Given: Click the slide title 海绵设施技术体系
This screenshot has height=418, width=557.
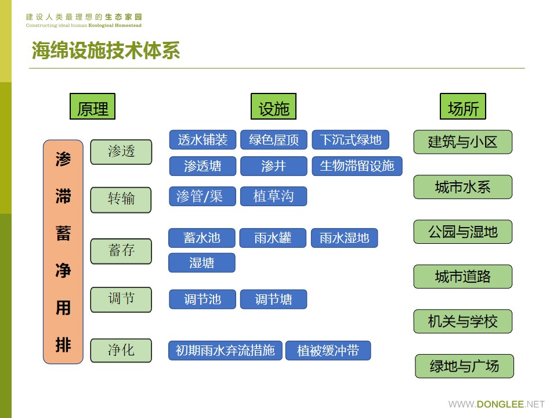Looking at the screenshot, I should coord(106,51).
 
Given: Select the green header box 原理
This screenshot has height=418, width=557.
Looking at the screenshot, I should coord(92,107).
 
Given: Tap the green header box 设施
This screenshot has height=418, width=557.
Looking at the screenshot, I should coord(273,107).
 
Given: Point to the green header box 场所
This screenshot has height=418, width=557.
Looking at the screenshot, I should coord(462,107).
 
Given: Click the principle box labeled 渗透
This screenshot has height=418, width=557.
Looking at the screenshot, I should coord(121,152).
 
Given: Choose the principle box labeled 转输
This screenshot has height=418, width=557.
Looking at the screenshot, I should coord(121,199).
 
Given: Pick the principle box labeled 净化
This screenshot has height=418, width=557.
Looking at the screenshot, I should coord(121,350).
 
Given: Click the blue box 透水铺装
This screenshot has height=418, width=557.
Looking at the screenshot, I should coord(202,139).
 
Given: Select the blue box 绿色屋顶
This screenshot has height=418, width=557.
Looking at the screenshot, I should coord(274,139).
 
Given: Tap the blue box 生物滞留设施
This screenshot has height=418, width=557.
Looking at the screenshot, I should coord(357,166).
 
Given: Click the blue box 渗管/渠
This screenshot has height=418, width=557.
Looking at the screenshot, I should coord(202,196).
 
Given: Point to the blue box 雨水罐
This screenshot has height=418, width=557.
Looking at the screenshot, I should coord(273,238).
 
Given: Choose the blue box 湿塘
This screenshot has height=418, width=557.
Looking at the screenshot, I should coord(202,263).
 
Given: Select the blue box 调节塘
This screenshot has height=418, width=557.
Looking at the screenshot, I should coord(273,300).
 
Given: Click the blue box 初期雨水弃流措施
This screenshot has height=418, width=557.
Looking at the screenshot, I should coord(225,351).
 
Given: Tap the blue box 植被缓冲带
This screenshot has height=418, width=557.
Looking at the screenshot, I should coord(328,351).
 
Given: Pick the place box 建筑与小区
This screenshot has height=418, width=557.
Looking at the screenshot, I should coord(462,142).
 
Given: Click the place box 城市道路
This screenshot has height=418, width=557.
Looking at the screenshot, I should coord(462,276).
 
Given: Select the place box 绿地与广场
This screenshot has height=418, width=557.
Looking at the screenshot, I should coord(464,366).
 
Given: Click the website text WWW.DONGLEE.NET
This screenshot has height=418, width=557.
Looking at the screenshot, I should coord(496,404).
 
